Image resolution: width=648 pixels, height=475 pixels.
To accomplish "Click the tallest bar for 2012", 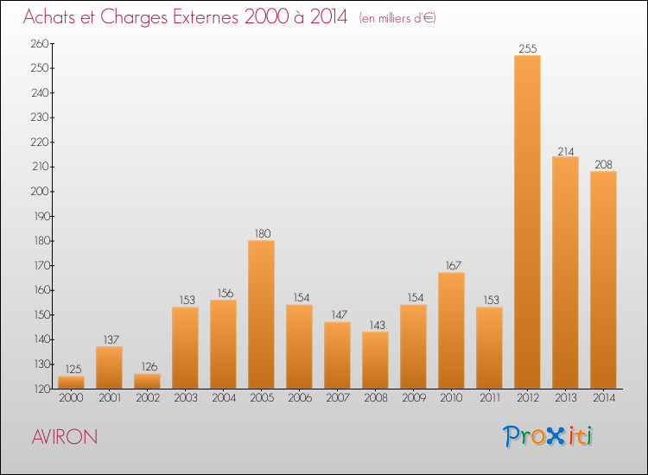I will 527,222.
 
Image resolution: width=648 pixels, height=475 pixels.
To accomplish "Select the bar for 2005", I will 261,314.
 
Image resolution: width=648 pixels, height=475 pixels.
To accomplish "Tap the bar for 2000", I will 71,383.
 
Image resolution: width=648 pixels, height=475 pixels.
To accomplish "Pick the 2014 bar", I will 603,280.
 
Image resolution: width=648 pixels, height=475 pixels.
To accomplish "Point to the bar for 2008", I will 375,360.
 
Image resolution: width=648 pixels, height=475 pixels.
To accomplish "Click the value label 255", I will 527,49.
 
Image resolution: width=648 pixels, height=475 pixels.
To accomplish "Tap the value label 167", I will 451,266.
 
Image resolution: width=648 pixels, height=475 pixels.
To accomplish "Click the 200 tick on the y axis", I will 40,192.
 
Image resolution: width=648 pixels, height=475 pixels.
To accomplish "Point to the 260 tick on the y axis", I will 40,44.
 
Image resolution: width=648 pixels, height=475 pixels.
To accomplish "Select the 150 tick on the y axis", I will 40,315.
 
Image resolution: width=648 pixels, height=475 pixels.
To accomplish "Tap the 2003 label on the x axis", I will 185,398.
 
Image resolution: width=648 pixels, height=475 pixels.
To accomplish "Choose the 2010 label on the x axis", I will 451,398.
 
